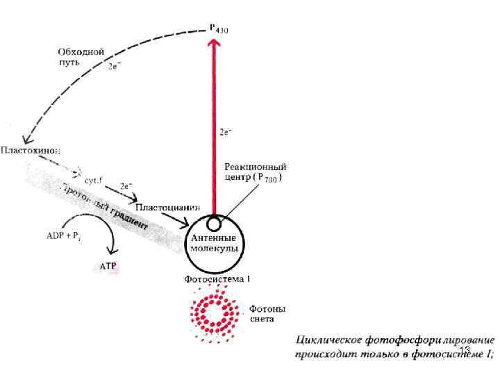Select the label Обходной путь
(x=81, y=56)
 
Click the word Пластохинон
(x=31, y=149)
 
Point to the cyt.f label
(x=94, y=179)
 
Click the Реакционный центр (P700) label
(x=256, y=172)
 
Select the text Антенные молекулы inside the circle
(x=215, y=242)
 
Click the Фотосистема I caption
(x=217, y=279)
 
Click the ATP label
(x=108, y=265)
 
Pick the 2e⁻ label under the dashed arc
(x=117, y=67)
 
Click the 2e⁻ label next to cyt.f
(x=126, y=186)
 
